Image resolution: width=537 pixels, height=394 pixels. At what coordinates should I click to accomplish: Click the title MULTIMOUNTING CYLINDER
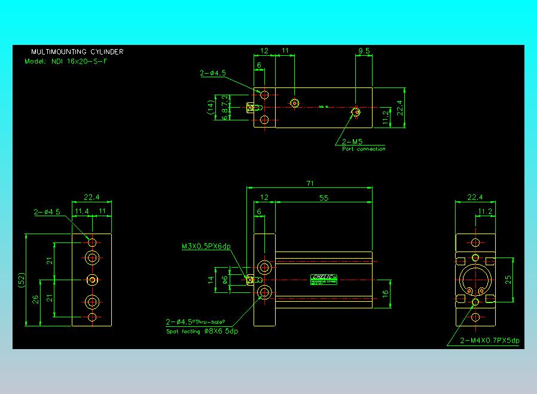point(77,52)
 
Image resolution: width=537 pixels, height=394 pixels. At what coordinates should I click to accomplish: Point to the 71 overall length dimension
point(310,184)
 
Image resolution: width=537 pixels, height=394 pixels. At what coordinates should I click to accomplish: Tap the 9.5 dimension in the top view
point(363,51)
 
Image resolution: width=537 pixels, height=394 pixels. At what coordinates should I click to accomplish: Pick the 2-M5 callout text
point(352,141)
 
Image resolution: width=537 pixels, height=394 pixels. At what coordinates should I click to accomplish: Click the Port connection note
point(364,149)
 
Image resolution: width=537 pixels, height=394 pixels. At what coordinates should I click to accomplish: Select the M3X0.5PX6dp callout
point(206,246)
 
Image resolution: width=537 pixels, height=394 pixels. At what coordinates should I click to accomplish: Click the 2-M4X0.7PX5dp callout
point(490,340)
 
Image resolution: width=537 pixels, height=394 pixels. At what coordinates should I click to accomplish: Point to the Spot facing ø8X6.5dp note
point(202,331)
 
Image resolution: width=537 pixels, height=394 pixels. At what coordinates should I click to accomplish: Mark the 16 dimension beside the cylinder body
point(386,294)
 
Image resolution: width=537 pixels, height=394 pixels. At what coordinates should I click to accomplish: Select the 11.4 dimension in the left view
point(81,211)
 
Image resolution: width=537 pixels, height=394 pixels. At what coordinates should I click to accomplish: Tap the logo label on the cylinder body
point(324,277)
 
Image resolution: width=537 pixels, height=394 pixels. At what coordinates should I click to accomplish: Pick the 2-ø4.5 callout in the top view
point(213,74)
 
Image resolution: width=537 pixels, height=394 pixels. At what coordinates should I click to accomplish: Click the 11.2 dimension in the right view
point(486,211)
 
